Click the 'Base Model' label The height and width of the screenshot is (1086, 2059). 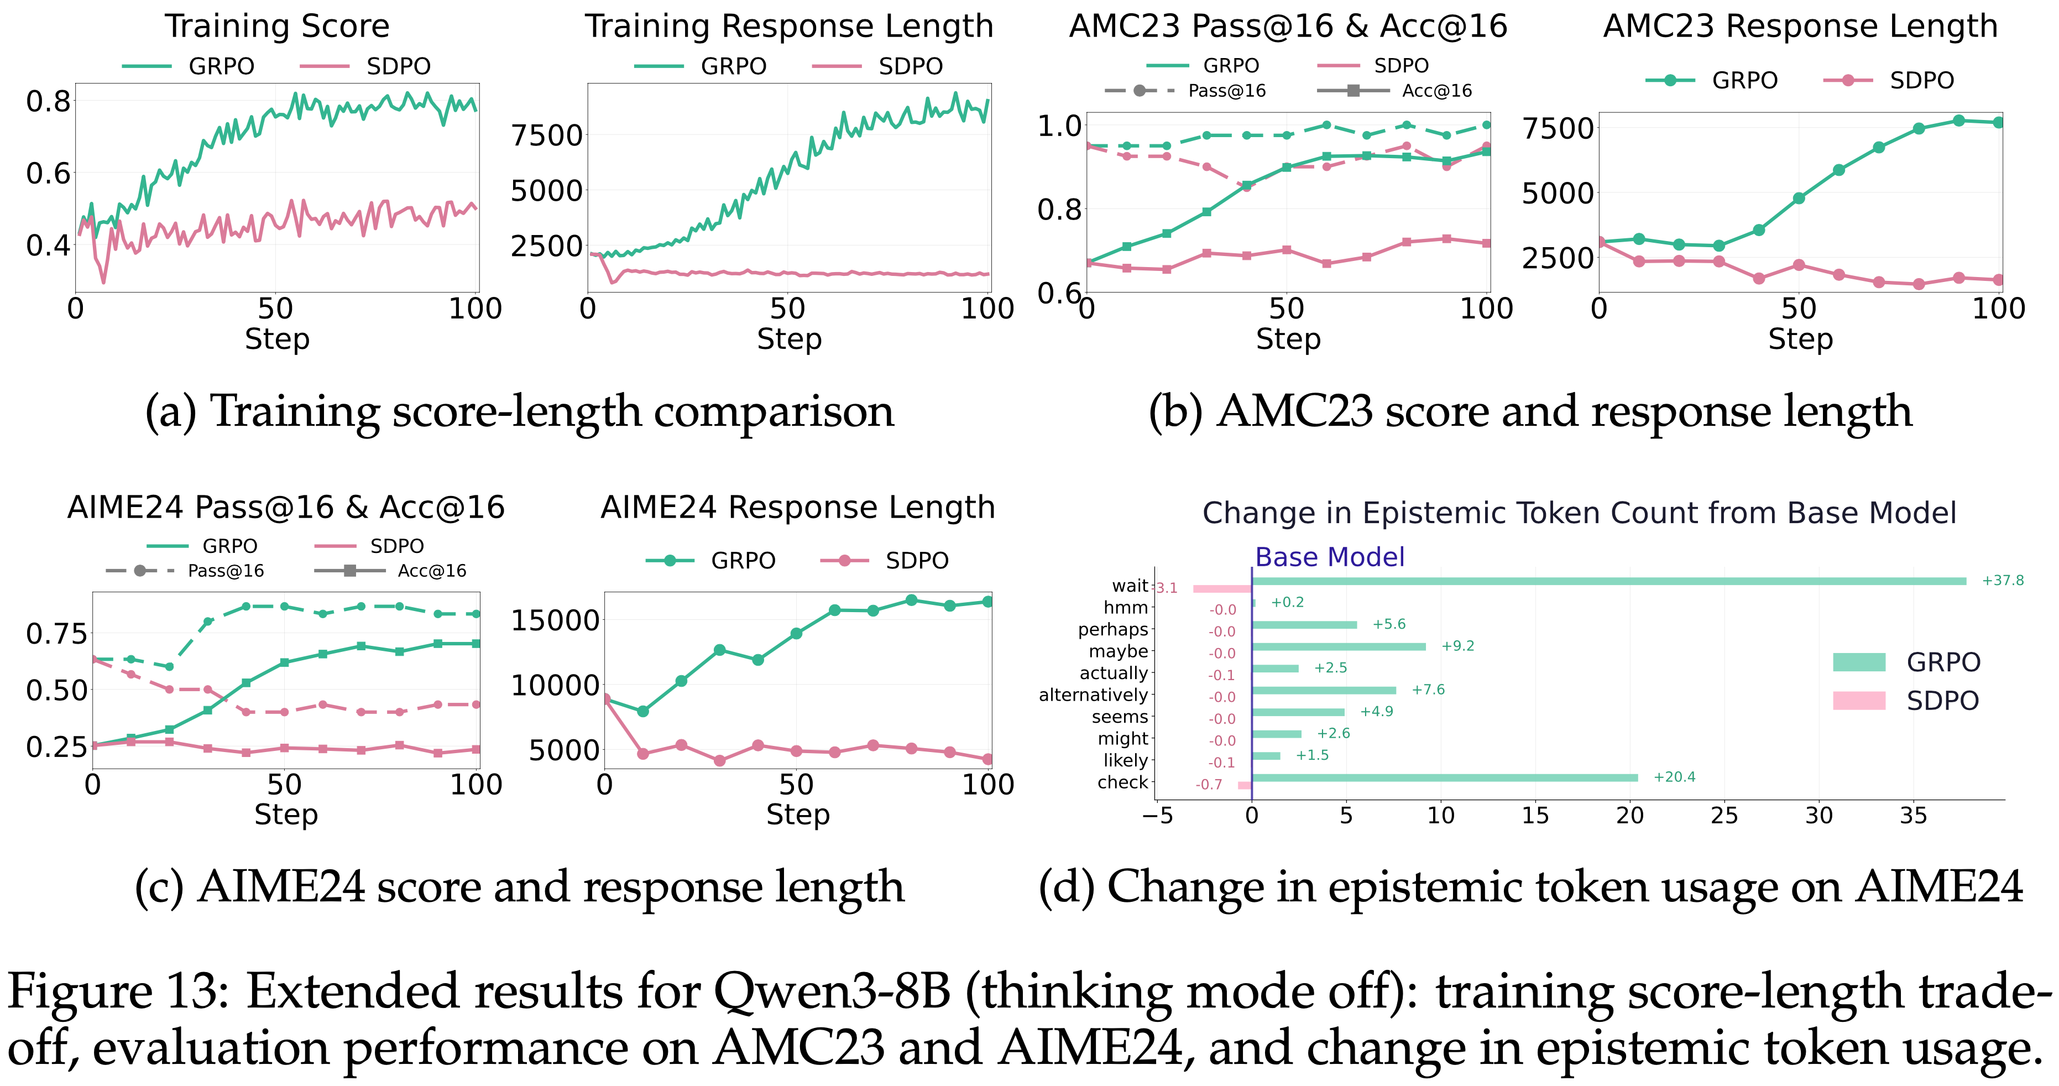(x=1329, y=557)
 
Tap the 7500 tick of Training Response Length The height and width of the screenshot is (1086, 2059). (x=547, y=135)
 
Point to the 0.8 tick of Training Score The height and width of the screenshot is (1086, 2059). (x=48, y=102)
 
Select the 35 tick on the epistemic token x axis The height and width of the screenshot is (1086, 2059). (x=1912, y=816)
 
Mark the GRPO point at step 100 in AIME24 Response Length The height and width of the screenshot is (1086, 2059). (x=988, y=602)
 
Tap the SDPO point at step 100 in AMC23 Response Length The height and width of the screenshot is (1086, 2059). (x=1998, y=280)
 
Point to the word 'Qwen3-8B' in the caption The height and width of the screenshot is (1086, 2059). (x=831, y=991)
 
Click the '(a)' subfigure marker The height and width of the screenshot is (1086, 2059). (x=170, y=413)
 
